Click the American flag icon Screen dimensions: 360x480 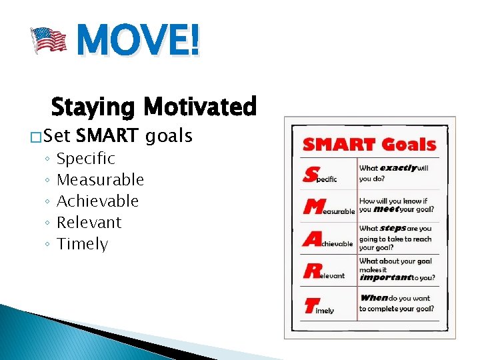[50, 39]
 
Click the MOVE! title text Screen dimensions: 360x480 [137, 39]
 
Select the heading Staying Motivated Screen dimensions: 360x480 [153, 107]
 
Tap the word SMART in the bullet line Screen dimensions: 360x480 [107, 137]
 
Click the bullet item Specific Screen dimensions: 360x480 [86, 159]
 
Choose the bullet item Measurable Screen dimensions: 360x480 [101, 180]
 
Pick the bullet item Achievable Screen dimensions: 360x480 [98, 201]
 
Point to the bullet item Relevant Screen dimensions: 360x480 [89, 223]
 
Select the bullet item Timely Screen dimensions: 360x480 [83, 244]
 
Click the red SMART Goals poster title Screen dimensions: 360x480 [369, 145]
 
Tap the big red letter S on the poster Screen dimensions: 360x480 [311, 175]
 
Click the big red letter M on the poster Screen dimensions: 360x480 [313, 207]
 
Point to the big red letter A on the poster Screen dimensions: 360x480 [311, 239]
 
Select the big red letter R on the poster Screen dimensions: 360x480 [311, 271]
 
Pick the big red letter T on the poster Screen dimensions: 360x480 [309, 305]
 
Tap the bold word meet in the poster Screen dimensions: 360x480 [386, 209]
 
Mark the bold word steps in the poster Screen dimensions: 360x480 [393, 229]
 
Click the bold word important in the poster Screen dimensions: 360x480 [385, 277]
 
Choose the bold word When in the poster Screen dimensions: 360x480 [374, 298]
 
